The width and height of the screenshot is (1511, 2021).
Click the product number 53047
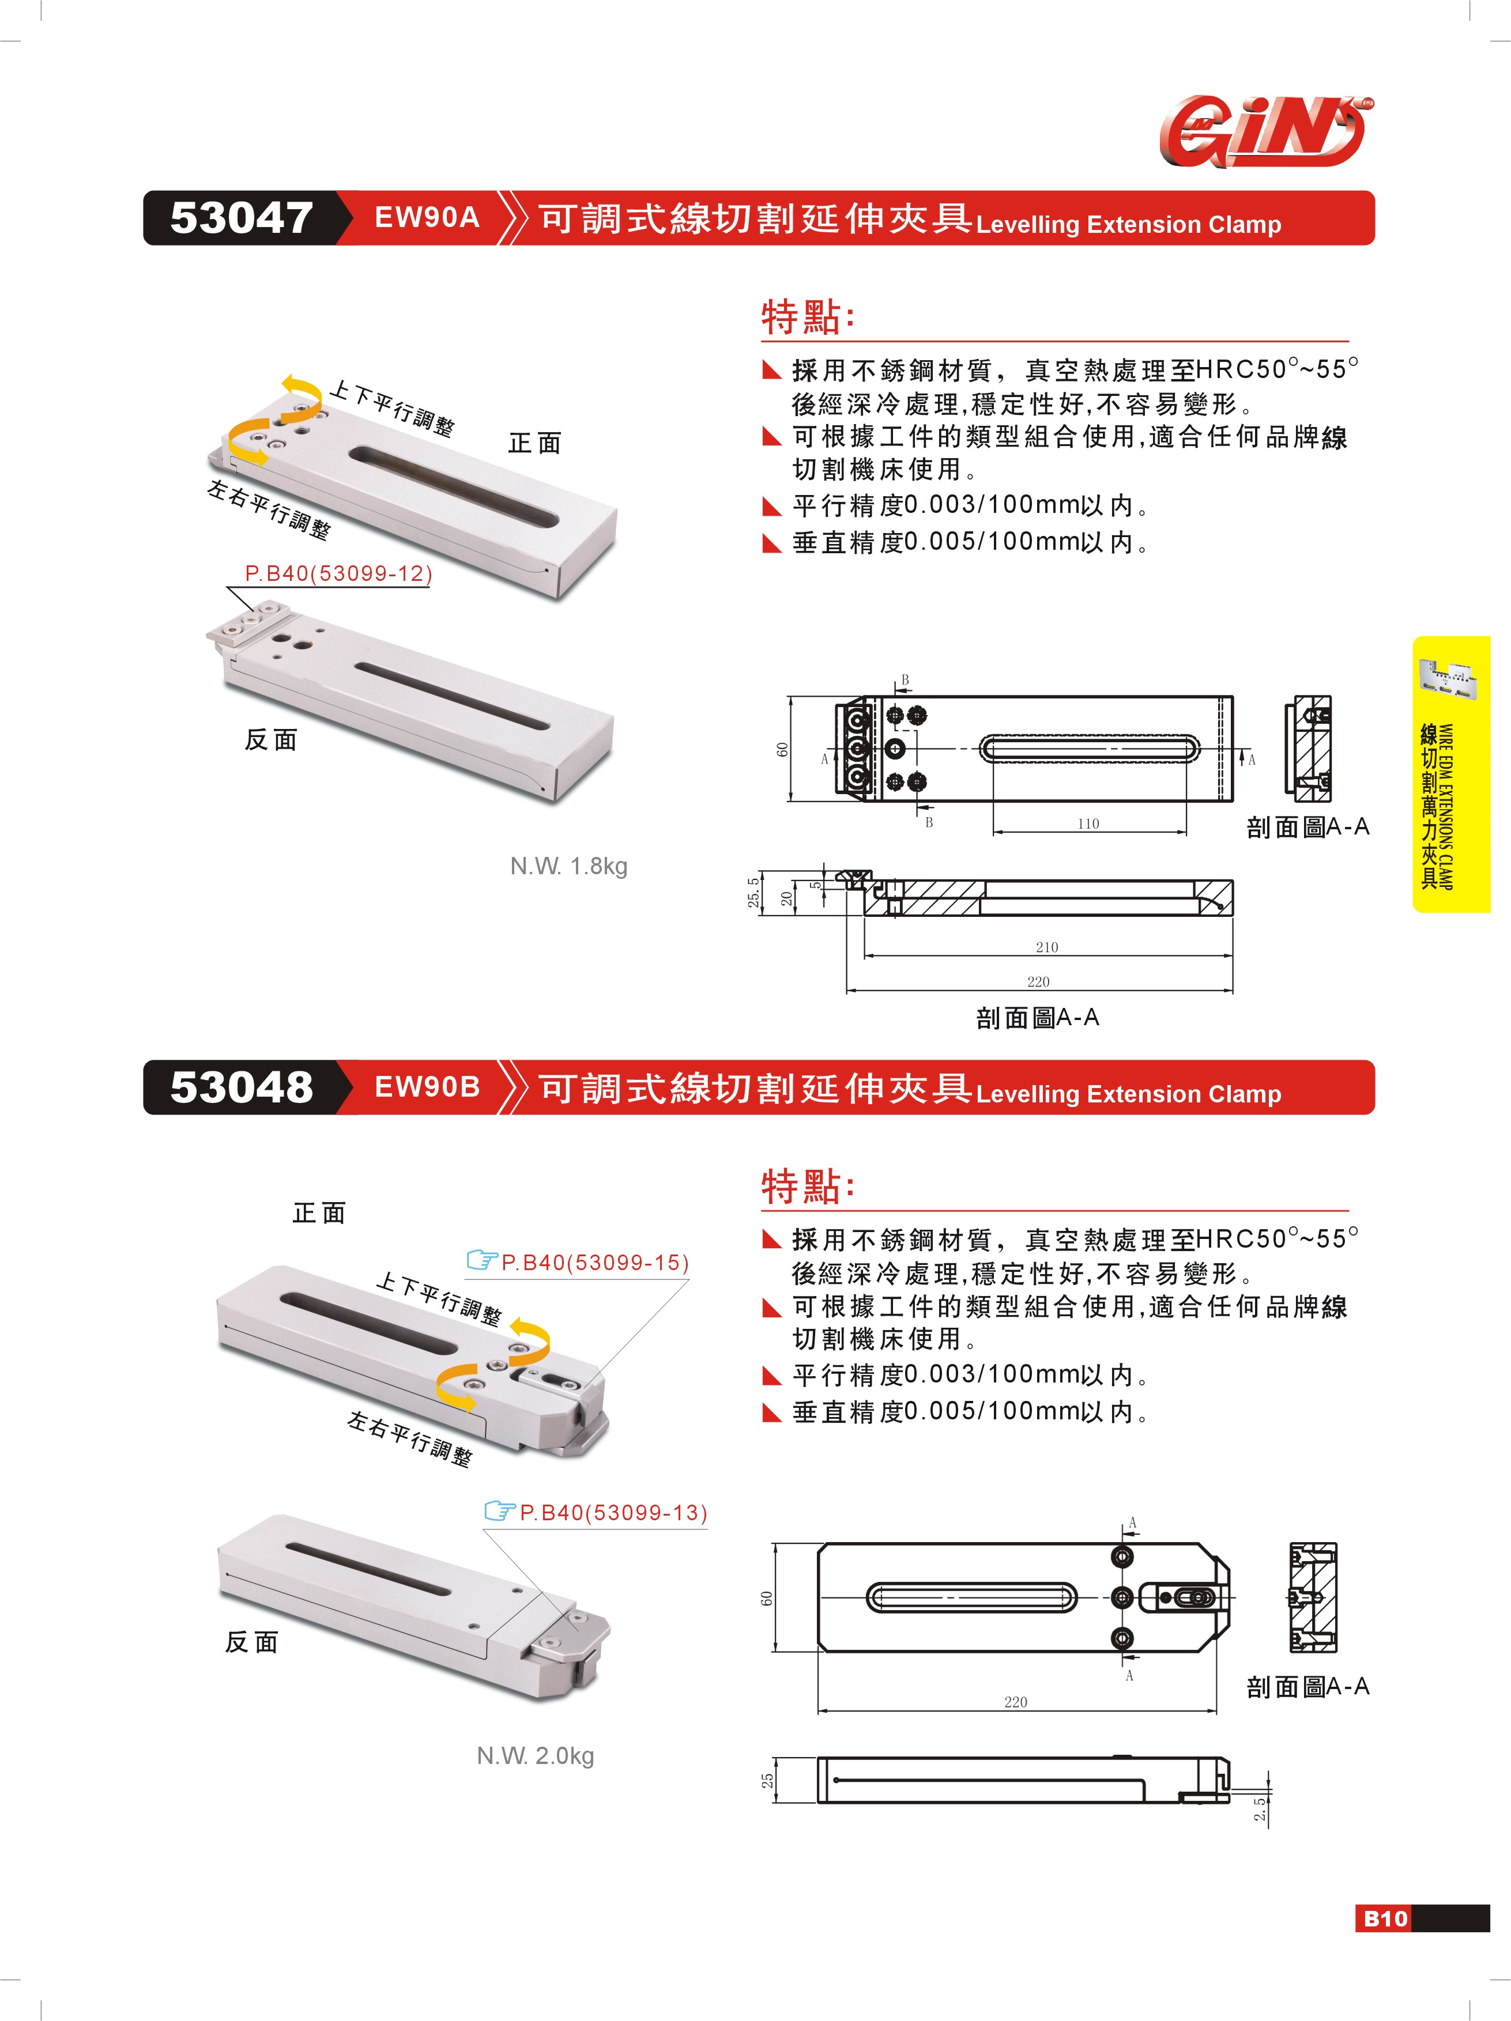242,218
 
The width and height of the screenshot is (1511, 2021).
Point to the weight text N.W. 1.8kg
568,866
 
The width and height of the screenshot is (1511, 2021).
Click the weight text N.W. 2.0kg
536,1756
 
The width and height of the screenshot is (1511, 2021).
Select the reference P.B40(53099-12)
338,574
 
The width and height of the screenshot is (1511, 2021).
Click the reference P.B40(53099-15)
595,1263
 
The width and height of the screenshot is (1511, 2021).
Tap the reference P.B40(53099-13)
613,1513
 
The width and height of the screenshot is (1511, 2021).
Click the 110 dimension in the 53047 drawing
1088,823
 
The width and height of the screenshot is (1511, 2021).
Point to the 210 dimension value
1047,947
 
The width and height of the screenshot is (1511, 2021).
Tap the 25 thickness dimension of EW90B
768,1780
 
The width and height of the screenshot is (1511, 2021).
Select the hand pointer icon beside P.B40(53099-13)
500,1511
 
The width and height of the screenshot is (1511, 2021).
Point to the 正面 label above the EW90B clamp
319,1213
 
